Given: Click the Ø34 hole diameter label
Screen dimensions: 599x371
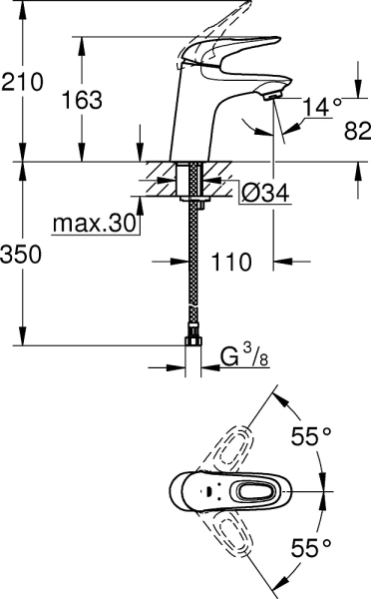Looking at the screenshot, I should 264,193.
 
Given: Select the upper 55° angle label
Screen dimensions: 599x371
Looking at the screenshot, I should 310,437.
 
